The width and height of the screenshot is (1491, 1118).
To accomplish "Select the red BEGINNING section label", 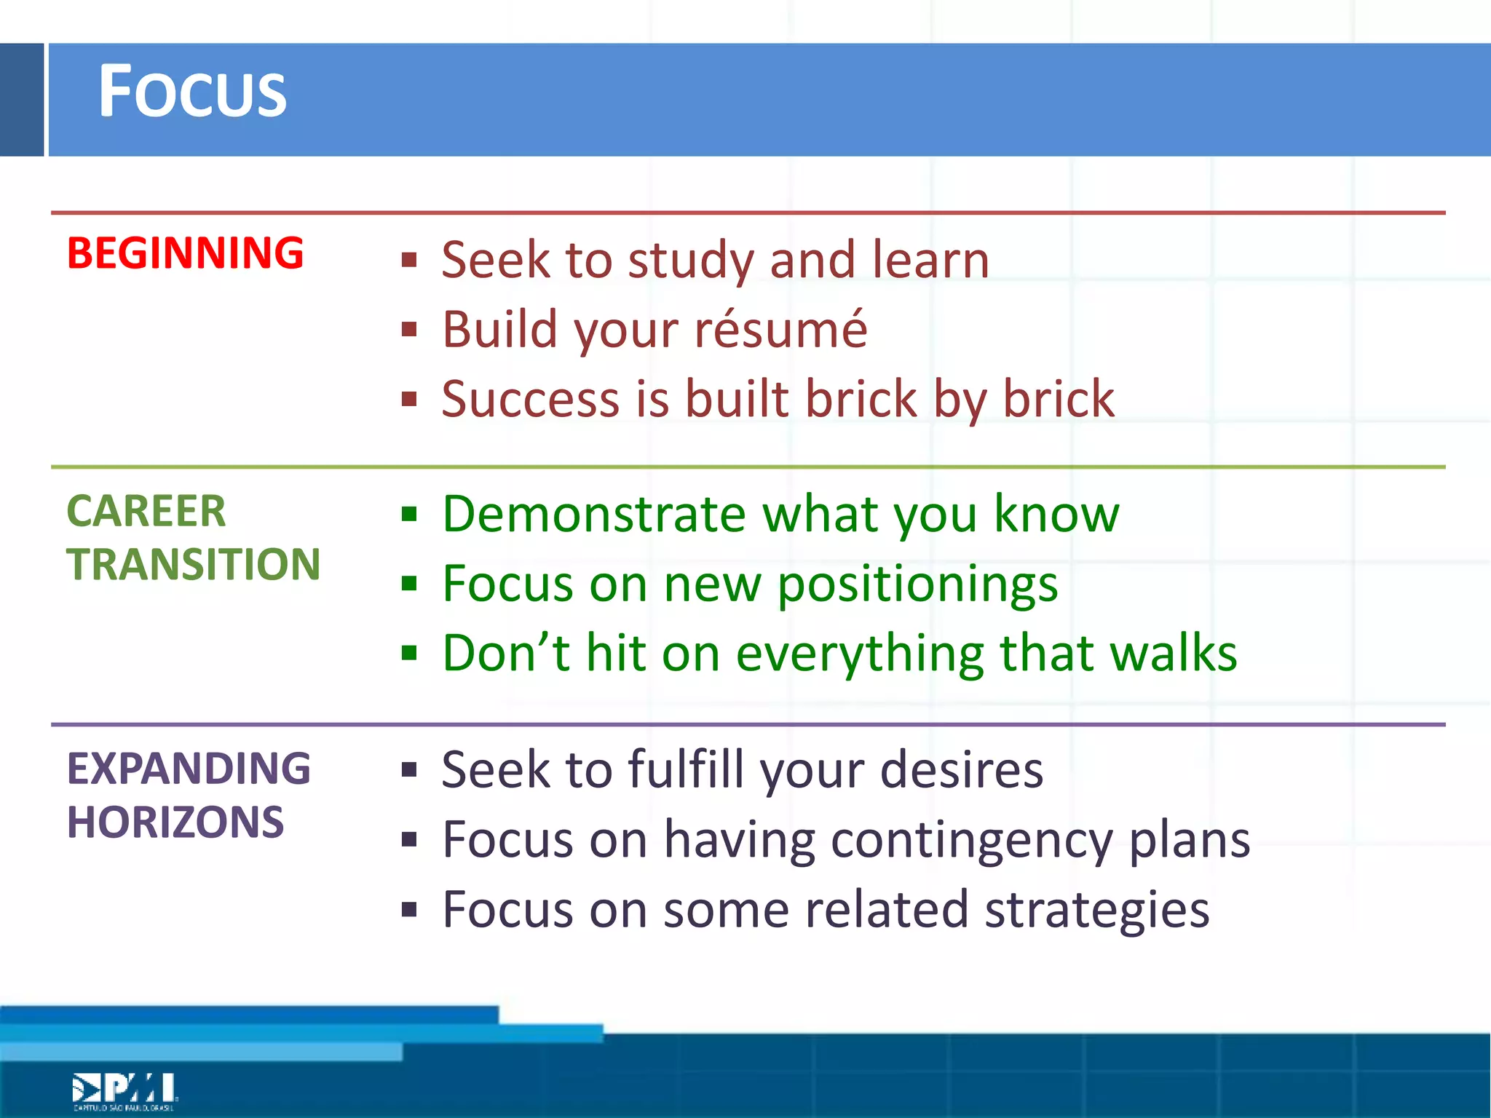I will pos(185,253).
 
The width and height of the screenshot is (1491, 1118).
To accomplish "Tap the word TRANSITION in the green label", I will pos(194,564).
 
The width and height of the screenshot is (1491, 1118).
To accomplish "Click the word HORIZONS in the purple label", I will pos(175,822).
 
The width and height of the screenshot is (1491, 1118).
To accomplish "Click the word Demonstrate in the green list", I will pos(593,514).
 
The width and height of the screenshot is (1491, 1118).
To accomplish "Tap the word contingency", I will pos(971,840).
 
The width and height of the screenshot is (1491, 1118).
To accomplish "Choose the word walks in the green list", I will pos(1173,653).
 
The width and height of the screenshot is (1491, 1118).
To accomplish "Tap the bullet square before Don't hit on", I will pos(409,653).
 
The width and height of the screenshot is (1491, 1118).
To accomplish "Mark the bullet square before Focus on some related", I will pos(409,910).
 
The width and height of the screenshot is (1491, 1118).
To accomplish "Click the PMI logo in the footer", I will pos(124,1090).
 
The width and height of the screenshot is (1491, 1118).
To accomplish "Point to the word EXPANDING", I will pos(189,769).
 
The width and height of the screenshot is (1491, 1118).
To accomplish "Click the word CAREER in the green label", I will pos(146,511).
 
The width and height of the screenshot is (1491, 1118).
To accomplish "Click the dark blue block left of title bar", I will pos(22,100).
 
